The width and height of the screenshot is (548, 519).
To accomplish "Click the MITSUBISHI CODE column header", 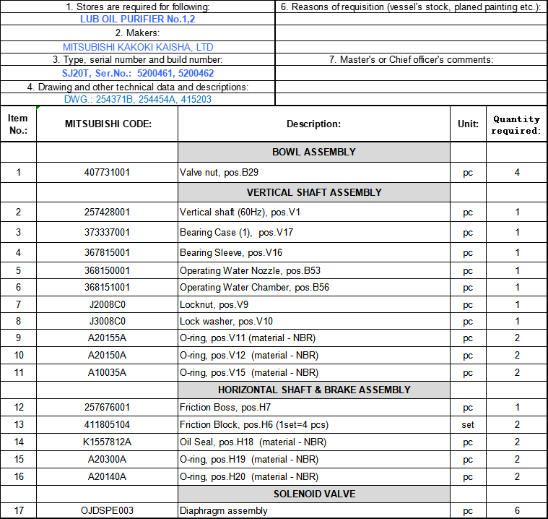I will click(108, 124).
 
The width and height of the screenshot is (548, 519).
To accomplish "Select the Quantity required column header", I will click(516, 124).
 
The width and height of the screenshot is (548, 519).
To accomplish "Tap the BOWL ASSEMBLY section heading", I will click(313, 152).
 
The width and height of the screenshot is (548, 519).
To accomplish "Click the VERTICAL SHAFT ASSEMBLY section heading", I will click(313, 192).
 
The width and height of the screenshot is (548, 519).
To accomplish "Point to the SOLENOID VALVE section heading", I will click(313, 494).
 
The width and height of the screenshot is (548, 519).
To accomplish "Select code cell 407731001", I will click(108, 173).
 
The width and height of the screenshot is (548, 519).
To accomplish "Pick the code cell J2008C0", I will click(108, 304).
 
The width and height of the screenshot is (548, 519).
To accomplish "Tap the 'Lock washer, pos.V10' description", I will click(227, 321).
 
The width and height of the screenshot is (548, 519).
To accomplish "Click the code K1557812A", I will click(108, 442).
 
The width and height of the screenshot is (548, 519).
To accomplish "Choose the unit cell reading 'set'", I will click(468, 425).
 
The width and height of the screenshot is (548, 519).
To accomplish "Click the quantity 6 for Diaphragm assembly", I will click(517, 511).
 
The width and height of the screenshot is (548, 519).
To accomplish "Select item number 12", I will click(18, 408).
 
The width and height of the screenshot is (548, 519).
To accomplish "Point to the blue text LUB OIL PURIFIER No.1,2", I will click(137, 20).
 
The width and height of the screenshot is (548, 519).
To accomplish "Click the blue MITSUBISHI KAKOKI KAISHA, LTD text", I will click(138, 47).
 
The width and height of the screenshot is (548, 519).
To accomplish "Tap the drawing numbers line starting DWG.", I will click(137, 100).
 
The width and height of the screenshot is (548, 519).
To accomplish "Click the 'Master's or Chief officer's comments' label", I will click(411, 60).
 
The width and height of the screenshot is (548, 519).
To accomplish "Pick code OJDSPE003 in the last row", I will click(108, 511).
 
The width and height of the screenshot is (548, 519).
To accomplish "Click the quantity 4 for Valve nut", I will click(517, 173).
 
